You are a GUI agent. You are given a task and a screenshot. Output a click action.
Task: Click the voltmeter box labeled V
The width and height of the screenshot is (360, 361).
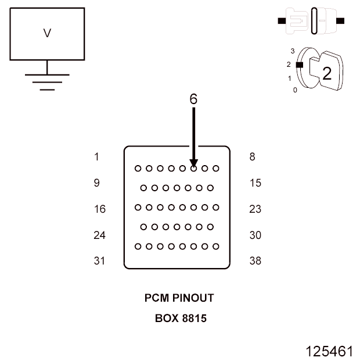point(47,34)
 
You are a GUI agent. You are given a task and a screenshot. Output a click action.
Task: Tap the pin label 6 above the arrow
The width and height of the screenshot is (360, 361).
point(193,99)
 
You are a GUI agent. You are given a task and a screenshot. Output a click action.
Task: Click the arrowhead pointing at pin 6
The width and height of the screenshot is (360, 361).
point(193,163)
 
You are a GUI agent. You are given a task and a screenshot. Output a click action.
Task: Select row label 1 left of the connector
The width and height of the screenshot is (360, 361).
point(96,156)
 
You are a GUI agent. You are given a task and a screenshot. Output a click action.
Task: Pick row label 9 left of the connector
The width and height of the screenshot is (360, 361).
point(96,183)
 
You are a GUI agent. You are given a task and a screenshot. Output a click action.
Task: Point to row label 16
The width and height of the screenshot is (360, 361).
point(99,209)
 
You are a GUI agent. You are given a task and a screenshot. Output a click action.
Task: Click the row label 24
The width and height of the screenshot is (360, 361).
point(99,235)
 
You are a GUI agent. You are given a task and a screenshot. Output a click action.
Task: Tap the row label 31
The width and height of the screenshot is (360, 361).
point(99,261)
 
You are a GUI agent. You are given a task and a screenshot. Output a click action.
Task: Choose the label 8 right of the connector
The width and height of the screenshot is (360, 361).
point(252,156)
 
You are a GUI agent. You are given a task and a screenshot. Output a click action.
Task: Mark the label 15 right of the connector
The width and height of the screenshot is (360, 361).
point(255,183)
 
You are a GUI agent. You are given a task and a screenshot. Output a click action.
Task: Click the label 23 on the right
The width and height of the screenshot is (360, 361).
point(255,209)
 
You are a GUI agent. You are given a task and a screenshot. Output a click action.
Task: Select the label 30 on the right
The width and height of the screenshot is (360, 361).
point(255,235)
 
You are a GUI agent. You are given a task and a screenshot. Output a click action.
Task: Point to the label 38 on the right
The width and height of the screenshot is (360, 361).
point(255,261)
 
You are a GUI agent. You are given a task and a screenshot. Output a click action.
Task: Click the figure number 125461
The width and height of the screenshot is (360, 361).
point(329,351)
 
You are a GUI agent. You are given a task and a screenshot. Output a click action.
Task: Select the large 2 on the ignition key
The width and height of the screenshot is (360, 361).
point(326,74)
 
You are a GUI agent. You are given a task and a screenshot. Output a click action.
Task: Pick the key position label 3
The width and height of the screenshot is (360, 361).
point(294,51)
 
